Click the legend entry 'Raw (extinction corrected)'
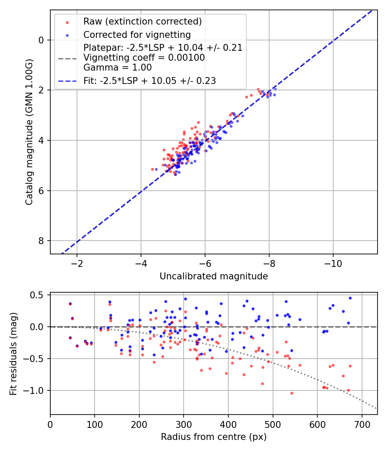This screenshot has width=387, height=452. pos(142,22)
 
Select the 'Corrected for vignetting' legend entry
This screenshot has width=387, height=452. pos(137,34)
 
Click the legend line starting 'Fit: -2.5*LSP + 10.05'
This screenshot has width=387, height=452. pos(150,80)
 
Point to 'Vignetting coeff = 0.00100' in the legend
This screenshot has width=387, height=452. pos(144,58)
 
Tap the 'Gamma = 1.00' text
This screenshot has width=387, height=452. pos(117,67)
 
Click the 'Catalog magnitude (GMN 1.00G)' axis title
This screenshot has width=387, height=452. pos(29,132)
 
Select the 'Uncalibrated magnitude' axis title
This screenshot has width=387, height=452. pos(214,276)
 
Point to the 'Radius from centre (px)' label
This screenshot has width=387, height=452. pos(214,437)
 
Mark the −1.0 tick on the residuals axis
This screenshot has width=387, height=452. pos(36,390)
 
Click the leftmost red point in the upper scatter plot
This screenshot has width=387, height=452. pos(152,169)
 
